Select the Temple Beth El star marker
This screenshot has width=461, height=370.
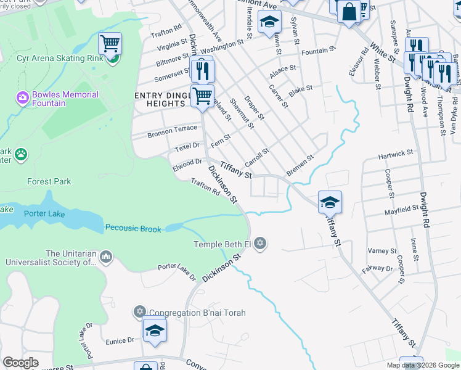pos(260,243)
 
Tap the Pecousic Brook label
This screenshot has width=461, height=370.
pos(133,229)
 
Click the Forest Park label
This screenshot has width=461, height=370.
pos(49,182)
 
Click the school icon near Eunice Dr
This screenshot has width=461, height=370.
pos(155,330)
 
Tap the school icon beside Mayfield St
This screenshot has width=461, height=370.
pos(330,202)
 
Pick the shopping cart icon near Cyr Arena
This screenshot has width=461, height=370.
pos(110,44)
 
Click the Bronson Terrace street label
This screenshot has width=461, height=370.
pos(172,132)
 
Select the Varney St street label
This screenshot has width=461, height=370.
pos(382,251)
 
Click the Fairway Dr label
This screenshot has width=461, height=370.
pos(377,268)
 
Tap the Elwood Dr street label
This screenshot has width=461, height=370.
pos(187,163)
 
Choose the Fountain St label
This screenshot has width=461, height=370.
pos(319,49)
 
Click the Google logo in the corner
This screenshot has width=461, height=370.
pos(20,363)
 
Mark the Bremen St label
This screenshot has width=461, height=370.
pos(300,165)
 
